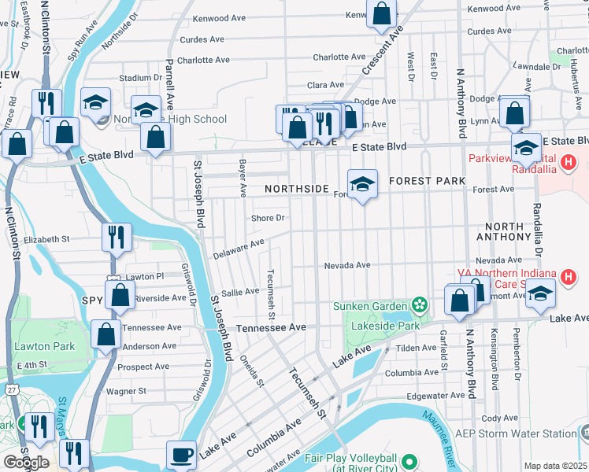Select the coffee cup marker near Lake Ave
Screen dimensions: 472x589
tap(182, 455)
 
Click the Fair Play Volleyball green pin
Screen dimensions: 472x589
tap(409, 462)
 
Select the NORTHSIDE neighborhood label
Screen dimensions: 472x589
tap(296, 189)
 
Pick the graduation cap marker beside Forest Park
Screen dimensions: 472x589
tap(362, 185)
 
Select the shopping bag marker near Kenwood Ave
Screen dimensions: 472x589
tap(381, 14)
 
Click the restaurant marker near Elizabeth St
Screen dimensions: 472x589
tap(117, 236)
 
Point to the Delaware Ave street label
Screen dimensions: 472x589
tap(239, 249)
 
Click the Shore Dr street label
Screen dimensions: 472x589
tap(267, 218)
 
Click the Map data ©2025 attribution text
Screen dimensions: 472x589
tap(554, 466)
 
